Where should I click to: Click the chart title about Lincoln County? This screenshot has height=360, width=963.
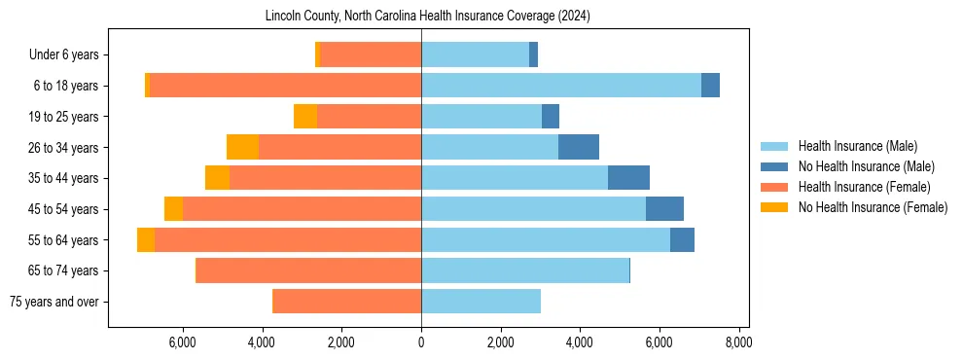click(x=428, y=17)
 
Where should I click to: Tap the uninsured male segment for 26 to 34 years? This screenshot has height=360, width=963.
click(x=579, y=147)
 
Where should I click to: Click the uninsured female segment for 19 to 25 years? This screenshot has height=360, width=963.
click(x=305, y=117)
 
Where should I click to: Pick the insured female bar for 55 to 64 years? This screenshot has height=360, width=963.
click(x=288, y=239)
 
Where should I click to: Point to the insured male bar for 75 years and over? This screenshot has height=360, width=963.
click(x=481, y=302)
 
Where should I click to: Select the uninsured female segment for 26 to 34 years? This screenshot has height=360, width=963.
click(x=242, y=147)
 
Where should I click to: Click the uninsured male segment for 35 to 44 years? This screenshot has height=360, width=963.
click(x=628, y=178)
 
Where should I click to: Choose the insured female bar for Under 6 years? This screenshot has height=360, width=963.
click(x=371, y=54)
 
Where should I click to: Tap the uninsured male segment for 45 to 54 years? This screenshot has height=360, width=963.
click(x=664, y=209)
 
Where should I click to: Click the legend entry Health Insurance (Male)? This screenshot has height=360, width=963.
click(x=857, y=146)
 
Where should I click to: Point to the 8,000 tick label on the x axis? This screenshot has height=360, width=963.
click(x=738, y=342)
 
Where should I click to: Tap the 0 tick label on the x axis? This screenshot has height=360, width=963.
click(x=421, y=342)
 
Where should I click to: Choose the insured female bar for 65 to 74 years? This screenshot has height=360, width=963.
click(x=308, y=270)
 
